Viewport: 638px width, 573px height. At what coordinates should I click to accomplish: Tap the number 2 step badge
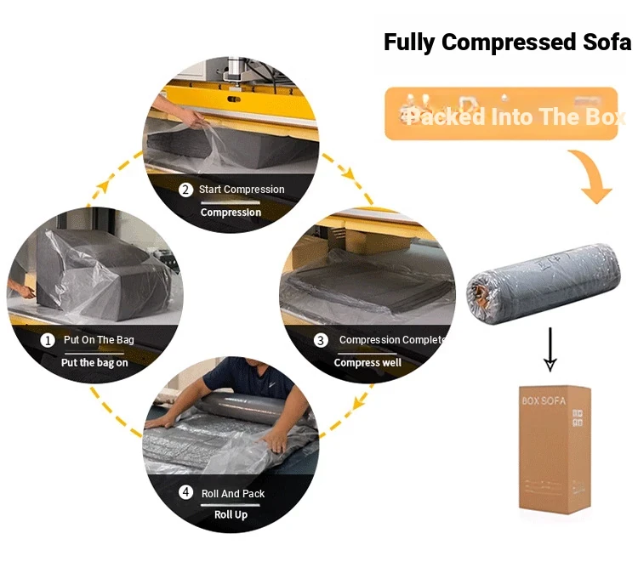[x=185, y=190]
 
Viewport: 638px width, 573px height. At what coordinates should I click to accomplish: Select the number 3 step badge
[x=321, y=340]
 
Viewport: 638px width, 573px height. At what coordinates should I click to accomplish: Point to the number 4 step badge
[x=185, y=493]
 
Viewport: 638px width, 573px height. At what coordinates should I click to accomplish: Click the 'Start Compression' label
[x=242, y=190]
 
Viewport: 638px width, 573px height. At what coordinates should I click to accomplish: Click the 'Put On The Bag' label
[x=99, y=340]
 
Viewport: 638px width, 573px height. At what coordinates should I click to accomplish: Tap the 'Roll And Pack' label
[x=232, y=493]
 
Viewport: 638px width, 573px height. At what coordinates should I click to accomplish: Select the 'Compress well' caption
[x=367, y=362]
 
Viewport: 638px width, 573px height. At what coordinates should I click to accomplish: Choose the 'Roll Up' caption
[x=231, y=514]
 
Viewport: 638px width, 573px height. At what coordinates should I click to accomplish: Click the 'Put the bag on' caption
[x=94, y=362]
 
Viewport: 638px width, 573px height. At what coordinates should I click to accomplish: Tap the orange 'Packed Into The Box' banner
[x=501, y=114]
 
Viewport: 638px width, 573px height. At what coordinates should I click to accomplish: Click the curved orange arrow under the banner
[x=592, y=176]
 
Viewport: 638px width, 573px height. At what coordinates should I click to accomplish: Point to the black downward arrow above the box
[x=550, y=348]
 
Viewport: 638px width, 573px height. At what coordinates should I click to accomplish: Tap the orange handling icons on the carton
[x=578, y=417]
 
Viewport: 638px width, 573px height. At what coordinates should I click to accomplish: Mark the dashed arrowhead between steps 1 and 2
[x=103, y=184]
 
